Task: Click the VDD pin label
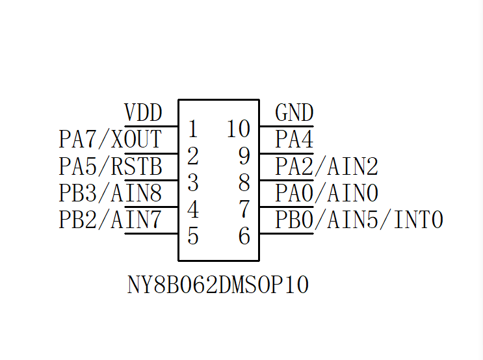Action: click(x=143, y=113)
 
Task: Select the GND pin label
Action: click(x=294, y=113)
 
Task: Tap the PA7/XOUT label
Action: click(x=110, y=140)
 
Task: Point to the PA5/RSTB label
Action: click(x=110, y=166)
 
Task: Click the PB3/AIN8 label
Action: click(x=110, y=193)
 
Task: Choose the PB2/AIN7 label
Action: click(x=110, y=220)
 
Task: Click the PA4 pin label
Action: click(x=294, y=140)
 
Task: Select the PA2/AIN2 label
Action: click(x=326, y=166)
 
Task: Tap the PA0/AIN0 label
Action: click(x=326, y=193)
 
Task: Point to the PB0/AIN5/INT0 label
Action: click(x=359, y=220)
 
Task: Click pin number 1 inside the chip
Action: click(x=192, y=129)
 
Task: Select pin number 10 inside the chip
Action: click(x=239, y=129)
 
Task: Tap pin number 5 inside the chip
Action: click(x=192, y=236)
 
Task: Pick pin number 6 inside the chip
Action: click(x=244, y=236)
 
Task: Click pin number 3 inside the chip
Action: click(x=192, y=183)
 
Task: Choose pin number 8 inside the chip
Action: click(x=244, y=183)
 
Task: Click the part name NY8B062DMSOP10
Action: click(x=218, y=285)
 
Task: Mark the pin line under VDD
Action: click(x=151, y=126)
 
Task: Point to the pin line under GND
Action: click(x=286, y=126)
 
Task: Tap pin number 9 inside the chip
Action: click(x=244, y=156)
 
